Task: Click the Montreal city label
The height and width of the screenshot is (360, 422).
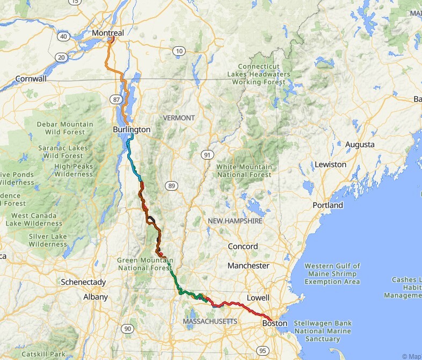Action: (108, 33)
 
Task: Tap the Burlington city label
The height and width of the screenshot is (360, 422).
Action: (132, 129)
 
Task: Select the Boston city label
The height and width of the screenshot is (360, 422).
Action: (274, 323)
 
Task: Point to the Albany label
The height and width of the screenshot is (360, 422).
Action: (96, 297)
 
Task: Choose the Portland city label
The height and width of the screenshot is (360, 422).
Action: (328, 205)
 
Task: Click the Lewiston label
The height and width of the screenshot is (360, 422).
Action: (330, 164)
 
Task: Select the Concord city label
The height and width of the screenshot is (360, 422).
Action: (243, 246)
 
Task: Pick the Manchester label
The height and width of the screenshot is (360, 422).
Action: (248, 265)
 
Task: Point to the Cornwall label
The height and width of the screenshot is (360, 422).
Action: (31, 78)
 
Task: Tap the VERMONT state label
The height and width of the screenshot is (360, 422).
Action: (179, 118)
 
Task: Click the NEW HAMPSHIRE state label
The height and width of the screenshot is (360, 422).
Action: (235, 221)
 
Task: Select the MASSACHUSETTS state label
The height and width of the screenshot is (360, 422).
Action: (210, 321)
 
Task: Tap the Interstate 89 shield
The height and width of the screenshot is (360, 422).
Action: (171, 185)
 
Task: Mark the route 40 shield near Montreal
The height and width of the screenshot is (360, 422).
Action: (63, 37)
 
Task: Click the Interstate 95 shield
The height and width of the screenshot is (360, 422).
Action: (263, 351)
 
